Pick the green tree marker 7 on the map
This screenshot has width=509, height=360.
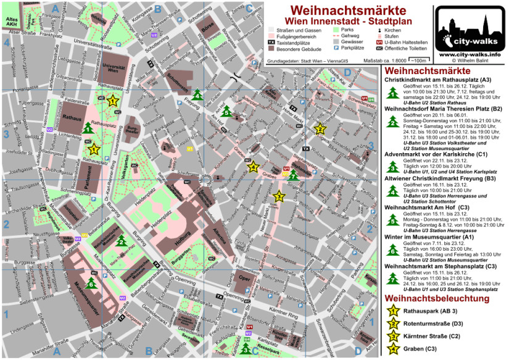294,175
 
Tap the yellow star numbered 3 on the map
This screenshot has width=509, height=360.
279,196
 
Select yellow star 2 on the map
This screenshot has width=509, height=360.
320,129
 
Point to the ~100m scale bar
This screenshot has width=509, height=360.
420,60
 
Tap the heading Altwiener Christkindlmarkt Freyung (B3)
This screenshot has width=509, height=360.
440,178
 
